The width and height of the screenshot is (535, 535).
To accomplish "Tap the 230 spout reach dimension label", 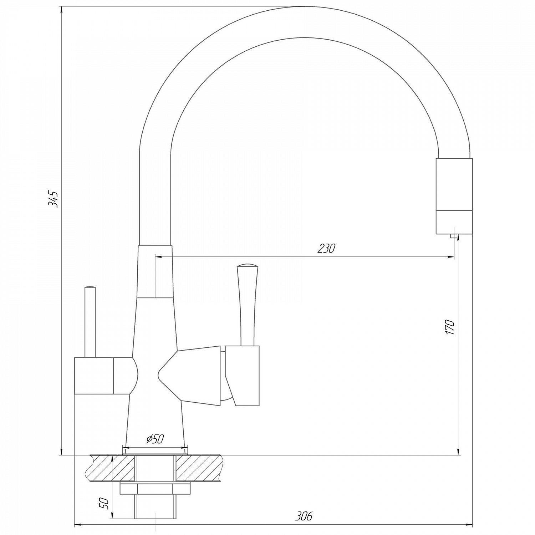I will tap(326, 248).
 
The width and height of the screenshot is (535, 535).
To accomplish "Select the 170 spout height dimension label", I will tap(450, 327).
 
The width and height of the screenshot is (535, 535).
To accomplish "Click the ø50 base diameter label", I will tap(155, 439).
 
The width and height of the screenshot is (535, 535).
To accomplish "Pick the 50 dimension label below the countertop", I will tap(103, 504).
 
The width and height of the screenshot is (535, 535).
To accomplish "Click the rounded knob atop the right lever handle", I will tap(247, 266).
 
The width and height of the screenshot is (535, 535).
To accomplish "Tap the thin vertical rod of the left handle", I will tap(90, 323).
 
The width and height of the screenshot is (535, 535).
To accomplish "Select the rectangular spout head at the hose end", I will tap(454, 196).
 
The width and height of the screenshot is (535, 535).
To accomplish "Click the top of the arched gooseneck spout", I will tap(303, 21).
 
